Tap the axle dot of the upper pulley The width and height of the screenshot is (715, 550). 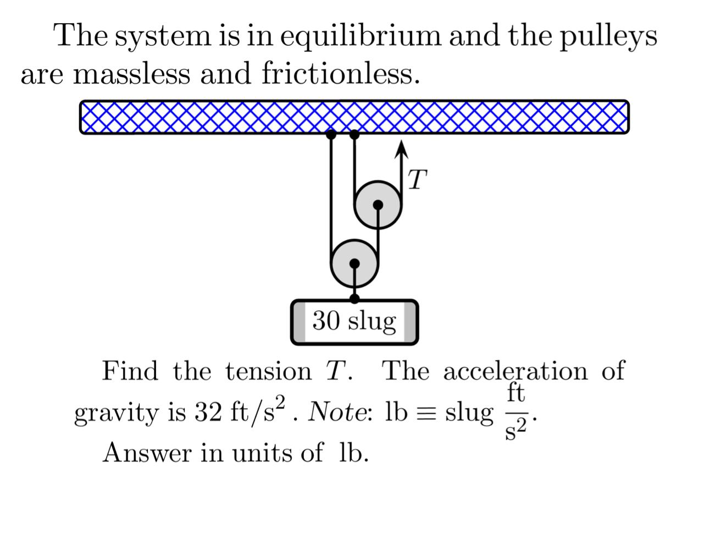coord(378,205)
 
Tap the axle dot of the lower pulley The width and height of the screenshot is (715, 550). coord(354,263)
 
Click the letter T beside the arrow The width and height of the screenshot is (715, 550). coord(418,180)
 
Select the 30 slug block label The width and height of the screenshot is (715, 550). coord(354,321)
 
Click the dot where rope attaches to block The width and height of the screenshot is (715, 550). coord(354,299)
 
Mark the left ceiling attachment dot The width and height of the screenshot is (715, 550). coord(331,134)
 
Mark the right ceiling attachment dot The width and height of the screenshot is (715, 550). coord(354,134)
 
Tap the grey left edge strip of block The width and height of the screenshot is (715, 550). coord(298,322)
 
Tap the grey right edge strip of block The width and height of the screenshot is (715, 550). coord(410,322)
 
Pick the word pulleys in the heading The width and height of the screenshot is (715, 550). coord(608,36)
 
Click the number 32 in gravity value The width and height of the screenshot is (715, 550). coord(207,412)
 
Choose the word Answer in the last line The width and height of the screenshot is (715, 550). coord(147,453)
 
